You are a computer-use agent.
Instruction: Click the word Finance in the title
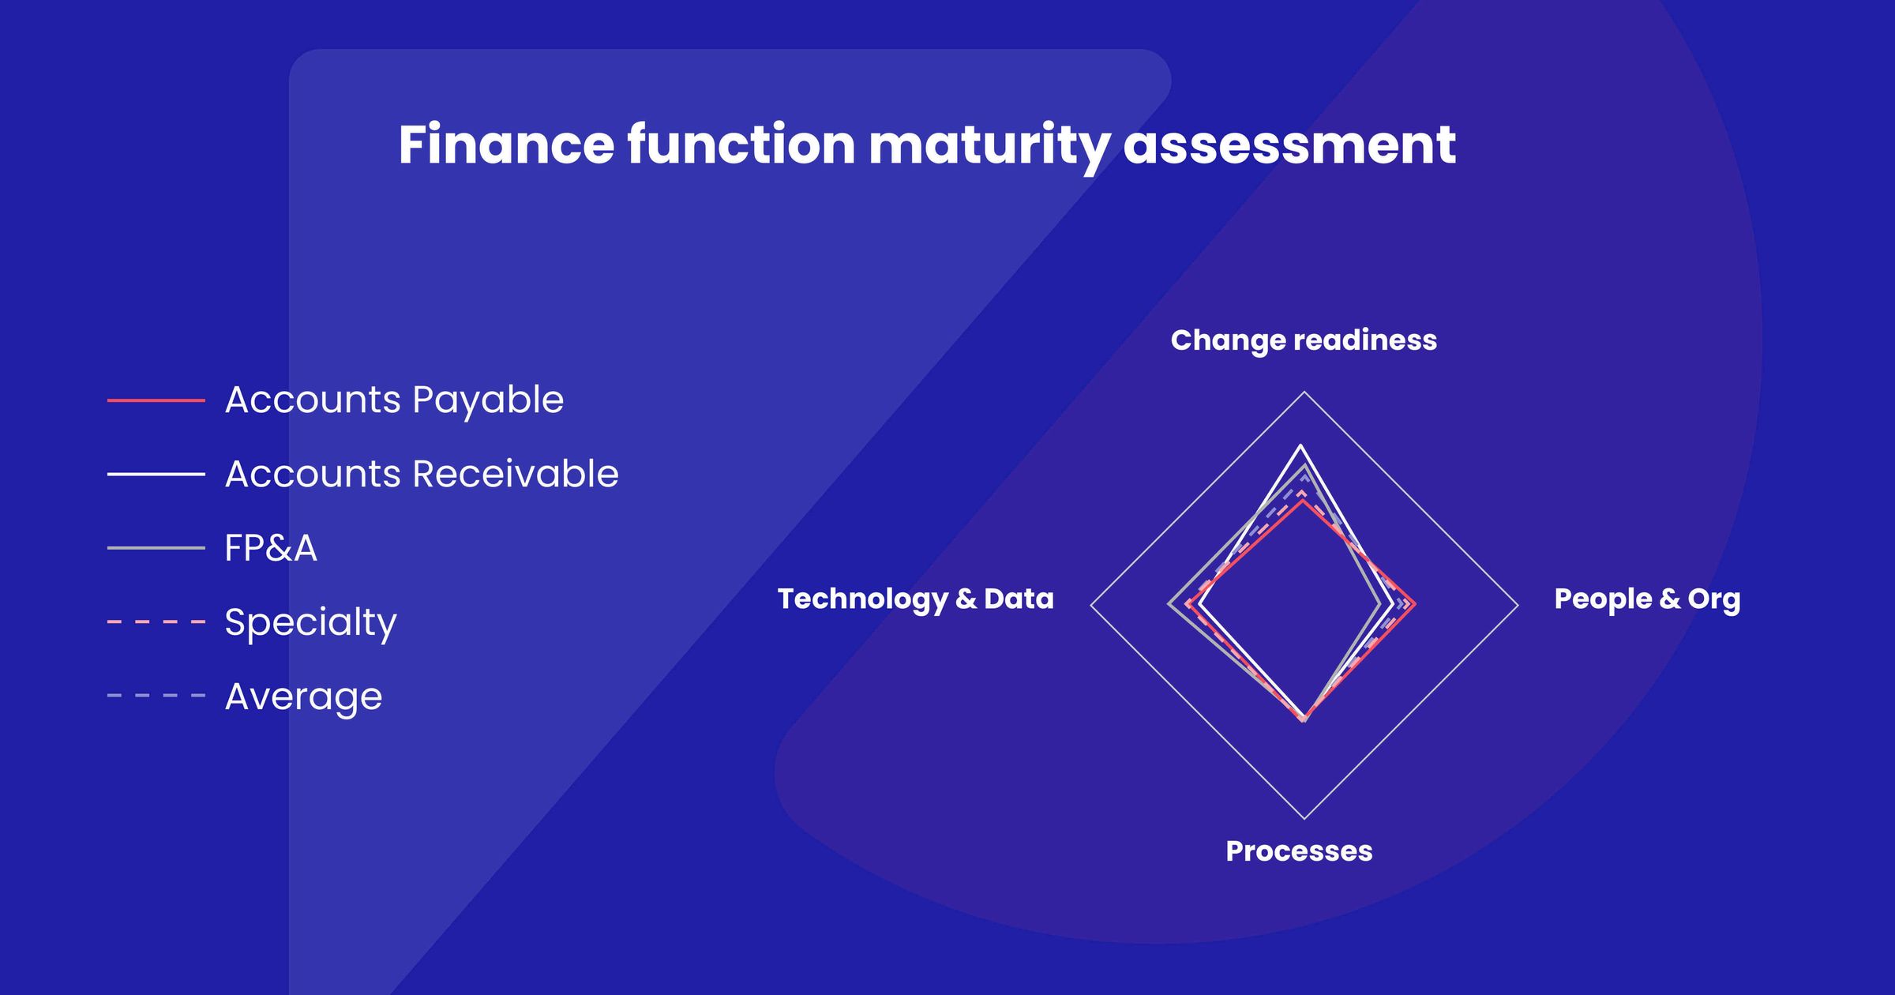tap(505, 145)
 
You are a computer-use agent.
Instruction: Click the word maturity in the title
tap(989, 145)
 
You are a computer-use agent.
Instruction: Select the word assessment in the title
tap(1289, 145)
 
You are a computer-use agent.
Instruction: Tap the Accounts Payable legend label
tap(394, 400)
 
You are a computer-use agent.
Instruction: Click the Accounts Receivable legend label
tap(421, 474)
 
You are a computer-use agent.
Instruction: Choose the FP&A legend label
tap(271, 548)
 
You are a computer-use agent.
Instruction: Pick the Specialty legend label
tap(310, 622)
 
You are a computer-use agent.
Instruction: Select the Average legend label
tap(303, 696)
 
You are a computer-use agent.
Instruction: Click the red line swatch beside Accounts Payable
tap(156, 400)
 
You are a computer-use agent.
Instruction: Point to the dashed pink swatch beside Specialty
tap(156, 622)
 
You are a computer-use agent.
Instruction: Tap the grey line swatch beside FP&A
tap(156, 548)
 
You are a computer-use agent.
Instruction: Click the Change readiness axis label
tap(1303, 340)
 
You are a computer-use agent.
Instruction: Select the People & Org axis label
tap(1646, 599)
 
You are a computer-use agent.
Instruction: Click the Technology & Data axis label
tap(915, 599)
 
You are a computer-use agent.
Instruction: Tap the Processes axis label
tap(1298, 851)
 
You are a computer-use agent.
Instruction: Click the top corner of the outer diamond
tap(1304, 392)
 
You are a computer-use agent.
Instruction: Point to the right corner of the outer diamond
tap(1518, 606)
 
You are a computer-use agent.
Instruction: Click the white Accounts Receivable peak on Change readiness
tap(1300, 447)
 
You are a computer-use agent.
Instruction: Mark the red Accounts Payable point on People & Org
tap(1414, 605)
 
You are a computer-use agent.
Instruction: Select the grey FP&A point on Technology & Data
tap(1169, 605)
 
